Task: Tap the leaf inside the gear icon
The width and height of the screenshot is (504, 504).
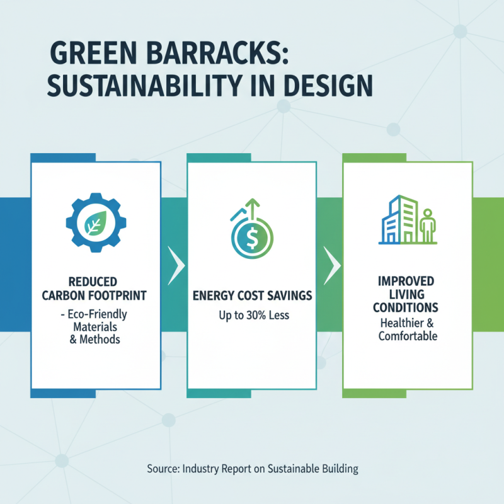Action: click(96, 221)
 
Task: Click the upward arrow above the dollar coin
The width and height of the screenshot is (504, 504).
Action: click(253, 207)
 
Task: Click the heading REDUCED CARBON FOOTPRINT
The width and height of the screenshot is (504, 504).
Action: click(95, 286)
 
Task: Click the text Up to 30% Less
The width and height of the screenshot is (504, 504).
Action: click(251, 314)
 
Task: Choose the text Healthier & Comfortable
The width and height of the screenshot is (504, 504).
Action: click(407, 329)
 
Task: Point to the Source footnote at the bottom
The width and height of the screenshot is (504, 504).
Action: click(252, 469)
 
